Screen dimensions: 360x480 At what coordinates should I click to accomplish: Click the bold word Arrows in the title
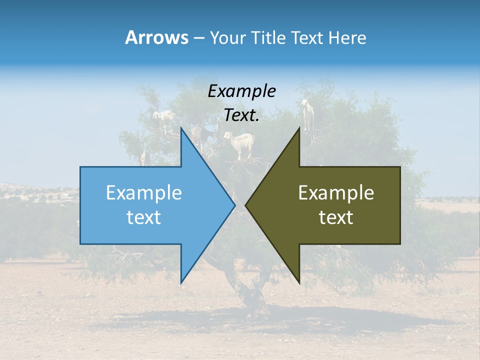click(156, 37)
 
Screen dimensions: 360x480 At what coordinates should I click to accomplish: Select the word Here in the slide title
click(347, 37)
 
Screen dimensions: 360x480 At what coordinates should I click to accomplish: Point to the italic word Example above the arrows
click(241, 91)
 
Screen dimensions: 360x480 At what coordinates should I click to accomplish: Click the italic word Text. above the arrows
click(241, 115)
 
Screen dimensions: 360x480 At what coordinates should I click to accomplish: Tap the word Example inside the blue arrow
click(144, 192)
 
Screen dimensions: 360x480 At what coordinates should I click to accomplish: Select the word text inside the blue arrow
click(144, 217)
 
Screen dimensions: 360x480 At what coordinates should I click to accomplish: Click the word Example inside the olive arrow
click(336, 192)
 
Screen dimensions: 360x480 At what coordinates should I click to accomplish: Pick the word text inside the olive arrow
click(336, 217)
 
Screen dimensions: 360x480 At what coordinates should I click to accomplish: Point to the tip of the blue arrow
click(234, 205)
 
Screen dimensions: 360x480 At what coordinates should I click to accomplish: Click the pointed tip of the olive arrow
click(246, 205)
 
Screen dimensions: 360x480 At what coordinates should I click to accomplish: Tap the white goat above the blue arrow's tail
click(164, 120)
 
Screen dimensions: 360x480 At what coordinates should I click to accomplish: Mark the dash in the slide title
click(198, 38)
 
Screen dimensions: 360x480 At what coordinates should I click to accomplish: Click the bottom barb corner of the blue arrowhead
click(181, 282)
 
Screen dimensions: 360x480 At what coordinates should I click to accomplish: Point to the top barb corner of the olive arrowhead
click(299, 128)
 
